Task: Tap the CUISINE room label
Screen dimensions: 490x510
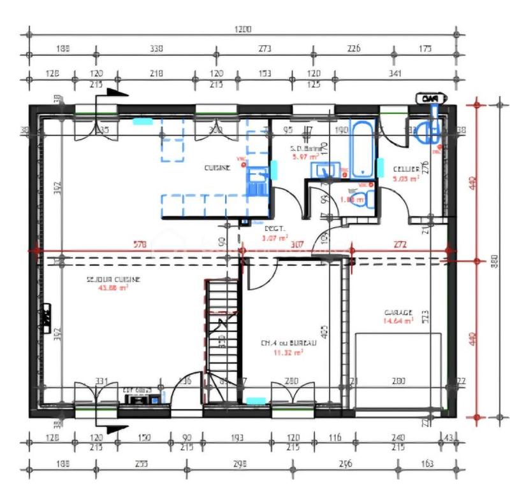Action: [217, 168]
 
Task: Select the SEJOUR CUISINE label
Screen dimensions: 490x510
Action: [113, 279]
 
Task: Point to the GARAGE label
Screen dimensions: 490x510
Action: [398, 313]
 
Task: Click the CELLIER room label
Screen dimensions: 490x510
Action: [406, 169]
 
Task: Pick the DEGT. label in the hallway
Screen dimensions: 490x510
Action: [275, 229]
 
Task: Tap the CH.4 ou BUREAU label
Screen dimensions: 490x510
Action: [285, 343]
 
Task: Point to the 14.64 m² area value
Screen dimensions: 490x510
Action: [398, 321]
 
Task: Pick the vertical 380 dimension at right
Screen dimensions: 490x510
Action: [493, 260]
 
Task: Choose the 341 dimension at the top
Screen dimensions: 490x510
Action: [395, 74]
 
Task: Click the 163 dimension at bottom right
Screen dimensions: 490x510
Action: [427, 464]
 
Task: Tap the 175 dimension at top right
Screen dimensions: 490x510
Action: [426, 49]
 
